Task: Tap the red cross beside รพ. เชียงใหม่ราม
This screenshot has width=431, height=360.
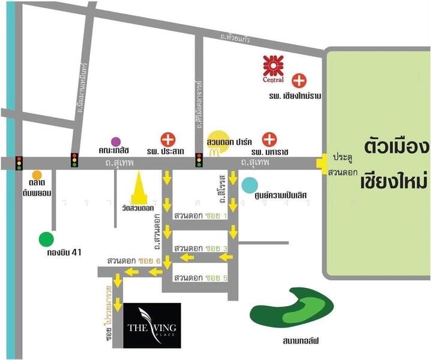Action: coord(298,80)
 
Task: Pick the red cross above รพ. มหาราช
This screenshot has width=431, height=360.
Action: coord(270,140)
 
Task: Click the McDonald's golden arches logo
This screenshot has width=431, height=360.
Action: coord(213,152)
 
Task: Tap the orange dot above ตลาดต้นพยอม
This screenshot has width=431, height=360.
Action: coord(37,175)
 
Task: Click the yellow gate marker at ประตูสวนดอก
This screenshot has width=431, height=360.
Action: coord(322,161)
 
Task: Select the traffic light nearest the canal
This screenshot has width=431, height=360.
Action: coord(19,163)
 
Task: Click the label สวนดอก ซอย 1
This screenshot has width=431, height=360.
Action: coord(200,215)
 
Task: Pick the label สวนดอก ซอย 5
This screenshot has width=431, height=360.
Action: coord(200,278)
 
